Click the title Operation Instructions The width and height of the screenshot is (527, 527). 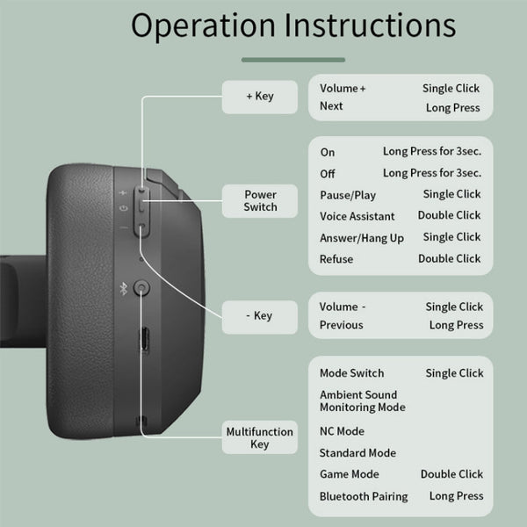pyautogui.click(x=293, y=25)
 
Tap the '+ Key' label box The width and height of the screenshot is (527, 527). pyautogui.click(x=260, y=96)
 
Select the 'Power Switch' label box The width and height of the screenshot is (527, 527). pyautogui.click(x=260, y=200)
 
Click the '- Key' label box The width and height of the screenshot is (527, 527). pyautogui.click(x=260, y=315)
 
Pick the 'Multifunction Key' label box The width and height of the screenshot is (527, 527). pyautogui.click(x=260, y=437)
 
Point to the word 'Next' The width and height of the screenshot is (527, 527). pyautogui.click(x=332, y=106)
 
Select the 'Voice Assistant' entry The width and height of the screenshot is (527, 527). pyautogui.click(x=357, y=216)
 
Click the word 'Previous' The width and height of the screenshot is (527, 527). pyautogui.click(x=342, y=325)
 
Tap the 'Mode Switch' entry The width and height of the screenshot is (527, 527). pyautogui.click(x=352, y=373)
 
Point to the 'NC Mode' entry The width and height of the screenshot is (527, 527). pyautogui.click(x=343, y=431)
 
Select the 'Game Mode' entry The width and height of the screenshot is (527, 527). pyautogui.click(x=350, y=474)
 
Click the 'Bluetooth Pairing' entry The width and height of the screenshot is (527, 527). pyautogui.click(x=364, y=496)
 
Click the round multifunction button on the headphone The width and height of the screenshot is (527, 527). pyautogui.click(x=141, y=287)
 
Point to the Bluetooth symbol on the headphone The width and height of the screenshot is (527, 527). pyautogui.click(x=123, y=287)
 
